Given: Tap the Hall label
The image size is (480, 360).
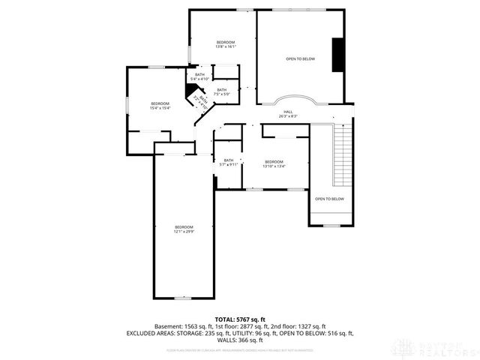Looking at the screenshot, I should pos(288,114).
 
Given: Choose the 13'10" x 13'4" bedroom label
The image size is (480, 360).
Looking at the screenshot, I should pos(274,164).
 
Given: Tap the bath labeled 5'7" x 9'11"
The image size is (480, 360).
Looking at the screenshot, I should pos(228,162).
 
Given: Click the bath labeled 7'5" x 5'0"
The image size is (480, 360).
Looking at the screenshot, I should pos(220,92).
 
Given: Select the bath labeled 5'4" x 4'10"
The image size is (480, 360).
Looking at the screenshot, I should pos(199,76).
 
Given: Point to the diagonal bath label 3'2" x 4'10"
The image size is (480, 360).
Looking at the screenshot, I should pos(199,102).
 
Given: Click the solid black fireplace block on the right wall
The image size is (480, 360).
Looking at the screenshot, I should pos(339,54).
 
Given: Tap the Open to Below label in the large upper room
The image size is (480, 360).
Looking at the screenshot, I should pos(300,58).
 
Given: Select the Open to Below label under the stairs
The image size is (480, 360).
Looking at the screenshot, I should pos(329,199).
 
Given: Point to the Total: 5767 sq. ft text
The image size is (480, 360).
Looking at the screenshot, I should pos(241,319).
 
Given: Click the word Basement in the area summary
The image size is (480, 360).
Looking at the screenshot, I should pos(167,326).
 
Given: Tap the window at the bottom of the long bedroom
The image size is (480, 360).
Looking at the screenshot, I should pos(183,298).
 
